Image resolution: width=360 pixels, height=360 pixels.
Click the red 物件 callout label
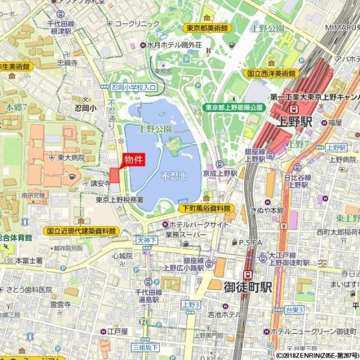click(133, 160)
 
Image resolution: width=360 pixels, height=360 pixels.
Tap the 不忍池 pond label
click(174, 177)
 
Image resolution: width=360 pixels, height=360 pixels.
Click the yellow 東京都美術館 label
click(206, 28)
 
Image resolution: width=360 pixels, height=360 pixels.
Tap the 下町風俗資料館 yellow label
click(206, 208)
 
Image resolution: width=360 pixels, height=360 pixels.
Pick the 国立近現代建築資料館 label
click(81, 230)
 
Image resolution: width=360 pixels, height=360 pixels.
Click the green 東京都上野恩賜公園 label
click(234, 107)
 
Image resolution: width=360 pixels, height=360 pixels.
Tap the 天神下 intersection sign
click(146, 240)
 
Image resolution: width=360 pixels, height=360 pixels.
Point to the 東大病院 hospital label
click(71, 158)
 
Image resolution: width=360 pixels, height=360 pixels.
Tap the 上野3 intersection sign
click(190, 304)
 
